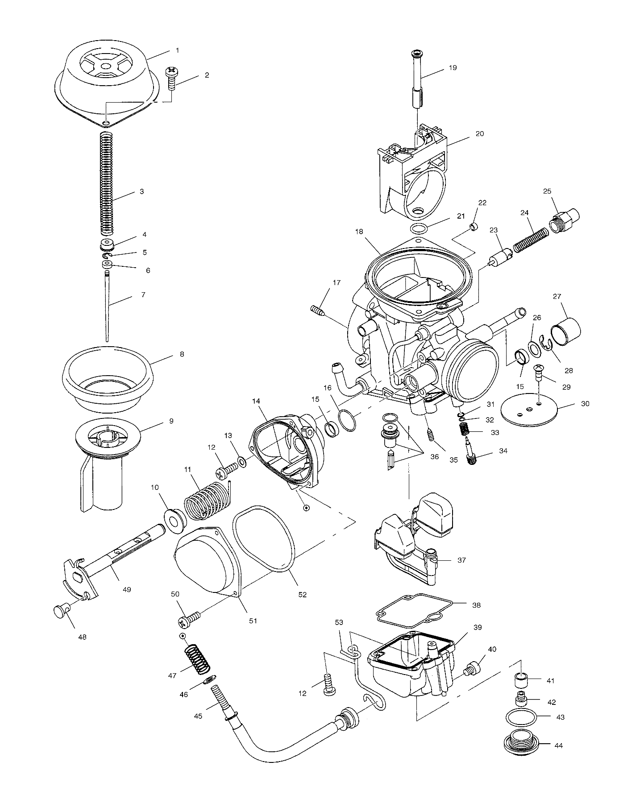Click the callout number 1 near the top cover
(x=177, y=50)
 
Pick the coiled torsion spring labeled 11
(x=203, y=501)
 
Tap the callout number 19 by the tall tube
(x=453, y=68)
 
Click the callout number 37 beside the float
(x=461, y=560)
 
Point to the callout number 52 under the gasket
(x=303, y=595)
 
